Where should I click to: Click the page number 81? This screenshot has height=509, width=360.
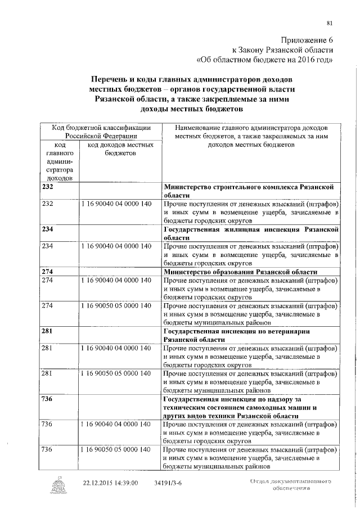click(330, 23)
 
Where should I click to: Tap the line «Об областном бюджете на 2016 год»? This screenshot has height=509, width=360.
click(268, 58)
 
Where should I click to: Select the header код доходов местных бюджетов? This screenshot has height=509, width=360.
click(118, 149)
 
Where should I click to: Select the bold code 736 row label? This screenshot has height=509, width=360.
click(48, 398)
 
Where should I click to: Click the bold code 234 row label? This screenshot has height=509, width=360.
click(48, 230)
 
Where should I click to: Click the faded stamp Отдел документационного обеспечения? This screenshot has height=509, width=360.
click(289, 485)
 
